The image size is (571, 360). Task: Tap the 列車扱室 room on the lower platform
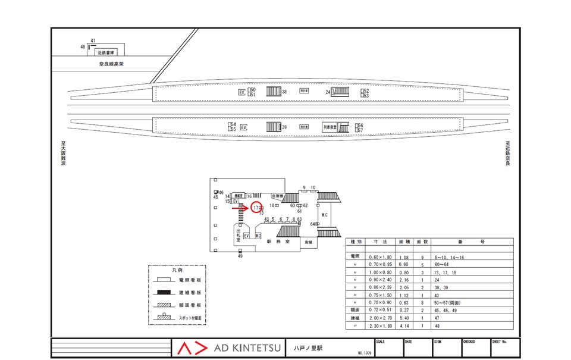point(330,127)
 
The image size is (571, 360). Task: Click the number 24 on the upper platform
point(327,92)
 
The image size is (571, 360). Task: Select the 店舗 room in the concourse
point(308,242)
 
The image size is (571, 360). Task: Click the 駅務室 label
point(278,242)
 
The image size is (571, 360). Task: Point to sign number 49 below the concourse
point(240,256)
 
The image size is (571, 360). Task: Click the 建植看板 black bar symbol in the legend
point(162,293)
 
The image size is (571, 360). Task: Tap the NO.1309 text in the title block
point(365,353)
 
